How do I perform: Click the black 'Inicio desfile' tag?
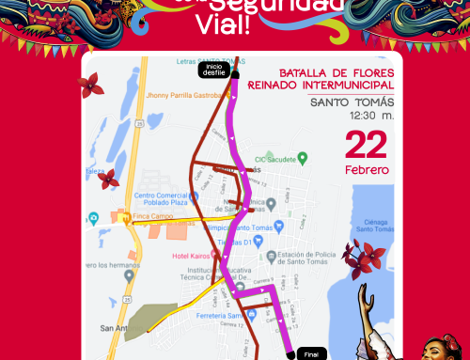214,69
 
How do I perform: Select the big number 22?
366,146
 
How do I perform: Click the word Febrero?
367,169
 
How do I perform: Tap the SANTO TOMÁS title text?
352,102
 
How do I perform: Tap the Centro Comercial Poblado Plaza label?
162,199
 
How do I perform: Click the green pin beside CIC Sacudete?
302,158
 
